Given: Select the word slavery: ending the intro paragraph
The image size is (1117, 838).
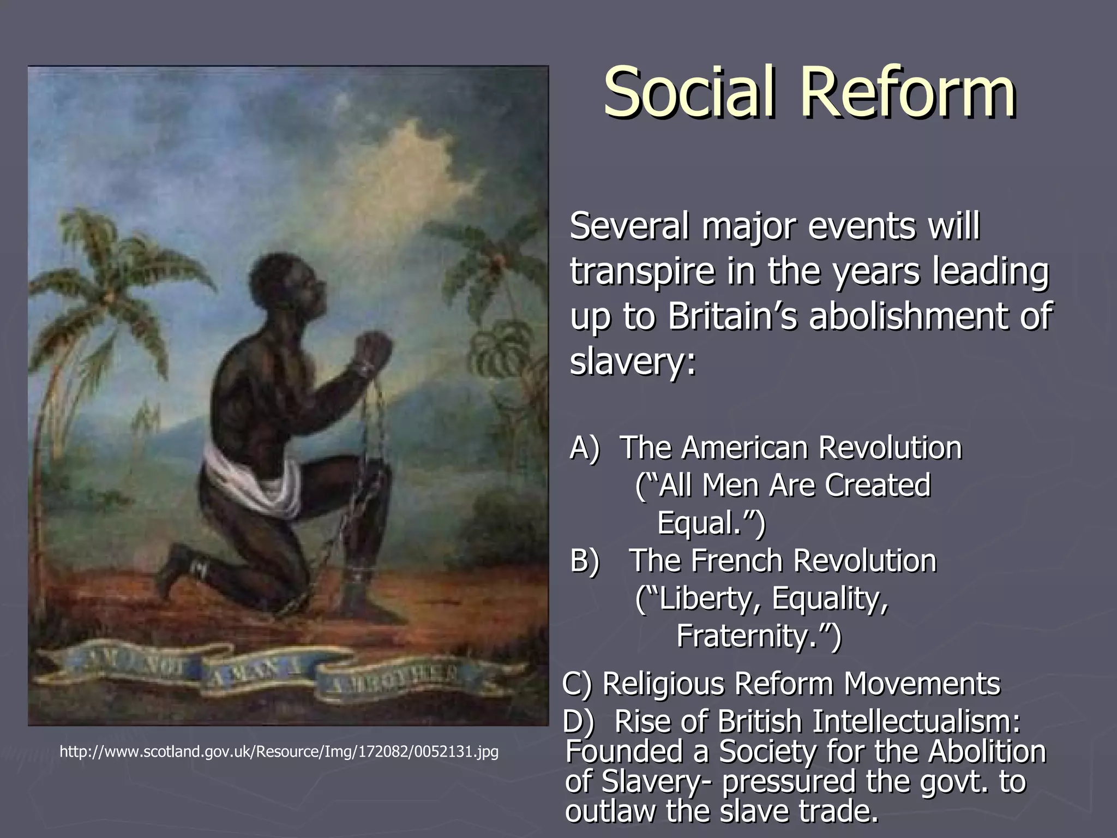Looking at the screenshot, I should [633, 362].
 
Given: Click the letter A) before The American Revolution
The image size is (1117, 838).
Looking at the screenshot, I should [585, 448].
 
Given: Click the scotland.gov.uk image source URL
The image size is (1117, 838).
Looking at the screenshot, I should [279, 752].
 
